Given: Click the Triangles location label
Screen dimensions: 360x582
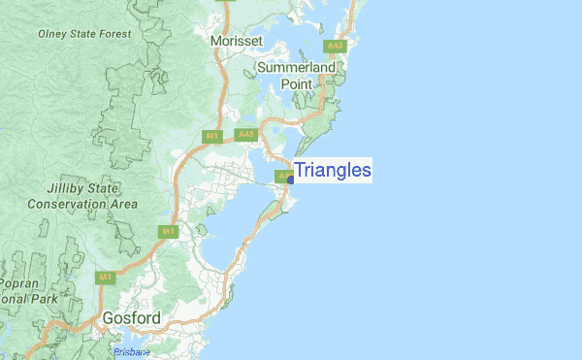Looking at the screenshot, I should [x=333, y=171].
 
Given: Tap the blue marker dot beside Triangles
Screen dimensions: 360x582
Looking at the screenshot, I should [x=291, y=180].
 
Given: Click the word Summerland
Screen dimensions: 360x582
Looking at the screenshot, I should [x=297, y=68].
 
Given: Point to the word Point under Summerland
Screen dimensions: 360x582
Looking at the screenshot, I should [x=297, y=84].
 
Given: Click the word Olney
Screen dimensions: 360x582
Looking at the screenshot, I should [x=53, y=34].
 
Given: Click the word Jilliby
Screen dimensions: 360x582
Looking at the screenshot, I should [x=68, y=189].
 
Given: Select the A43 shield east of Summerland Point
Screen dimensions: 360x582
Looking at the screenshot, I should [x=336, y=46].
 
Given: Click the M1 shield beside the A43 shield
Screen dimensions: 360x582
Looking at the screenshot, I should [x=211, y=136].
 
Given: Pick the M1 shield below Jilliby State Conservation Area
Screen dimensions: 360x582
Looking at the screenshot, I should [x=168, y=231].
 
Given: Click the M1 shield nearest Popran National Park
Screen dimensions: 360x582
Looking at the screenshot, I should [x=103, y=277].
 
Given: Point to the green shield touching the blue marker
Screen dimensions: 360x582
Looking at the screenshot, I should [x=282, y=177].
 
